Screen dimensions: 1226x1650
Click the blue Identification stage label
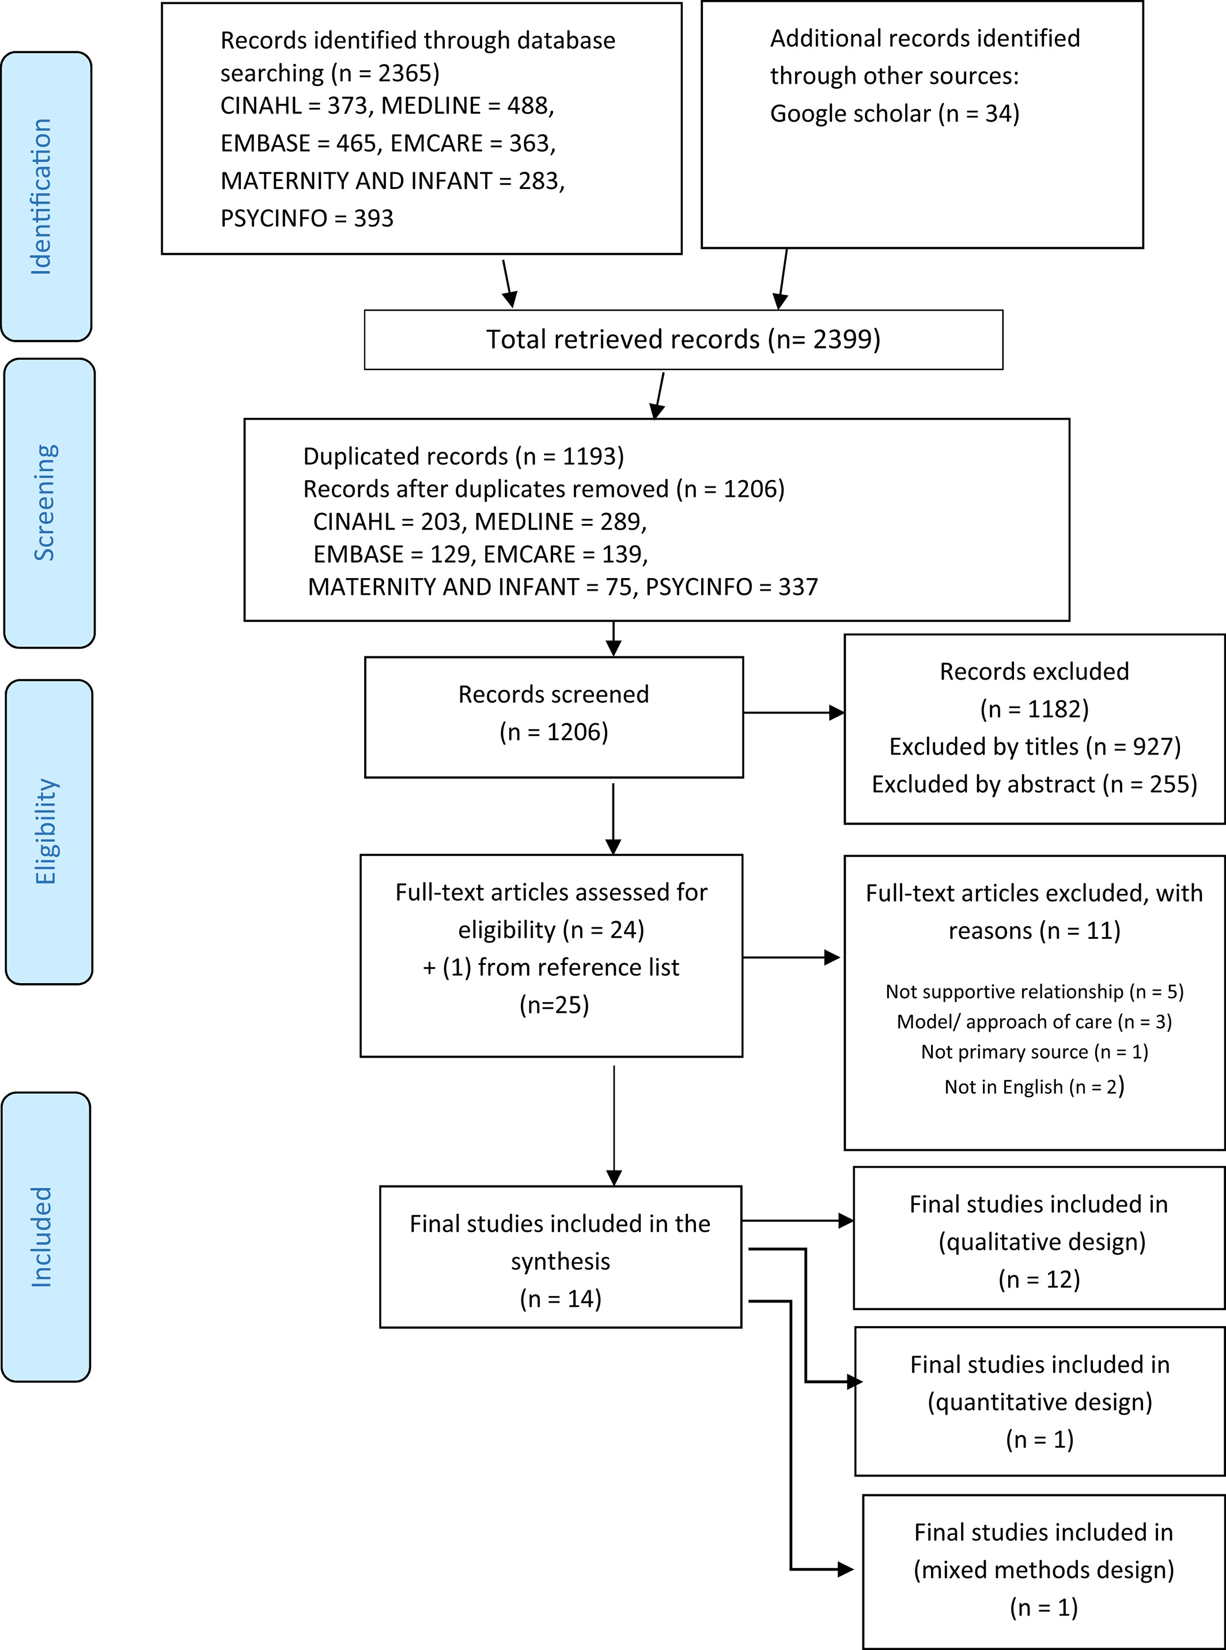click(46, 197)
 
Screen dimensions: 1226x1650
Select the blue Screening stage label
click(49, 503)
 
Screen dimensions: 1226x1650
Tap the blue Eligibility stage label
click(49, 832)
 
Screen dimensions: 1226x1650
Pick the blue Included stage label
click(46, 1237)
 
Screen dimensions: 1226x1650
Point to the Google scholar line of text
click(894, 114)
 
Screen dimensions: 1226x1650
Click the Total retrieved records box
click(683, 340)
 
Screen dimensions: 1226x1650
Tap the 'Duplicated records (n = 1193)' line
click(463, 456)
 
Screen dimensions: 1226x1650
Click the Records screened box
click(554, 717)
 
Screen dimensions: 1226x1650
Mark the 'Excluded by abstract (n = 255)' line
click(1035, 784)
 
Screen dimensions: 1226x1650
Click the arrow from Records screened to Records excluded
click(794, 712)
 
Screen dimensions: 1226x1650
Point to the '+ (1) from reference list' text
click(551, 967)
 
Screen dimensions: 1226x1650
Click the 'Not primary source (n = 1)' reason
click(1035, 1052)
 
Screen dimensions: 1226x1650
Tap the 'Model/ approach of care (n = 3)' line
click(1035, 1022)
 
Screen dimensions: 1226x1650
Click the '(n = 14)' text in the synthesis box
click(561, 1299)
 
